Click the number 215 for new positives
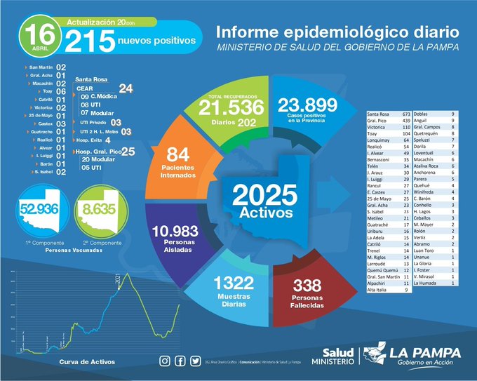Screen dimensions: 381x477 click(90, 41)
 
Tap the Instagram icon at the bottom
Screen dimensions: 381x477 click(165, 361)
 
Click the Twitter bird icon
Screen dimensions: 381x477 click(194, 361)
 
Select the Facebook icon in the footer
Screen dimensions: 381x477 click(180, 361)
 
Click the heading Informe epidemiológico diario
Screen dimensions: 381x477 click(337, 32)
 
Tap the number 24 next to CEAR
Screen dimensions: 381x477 click(126, 88)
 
